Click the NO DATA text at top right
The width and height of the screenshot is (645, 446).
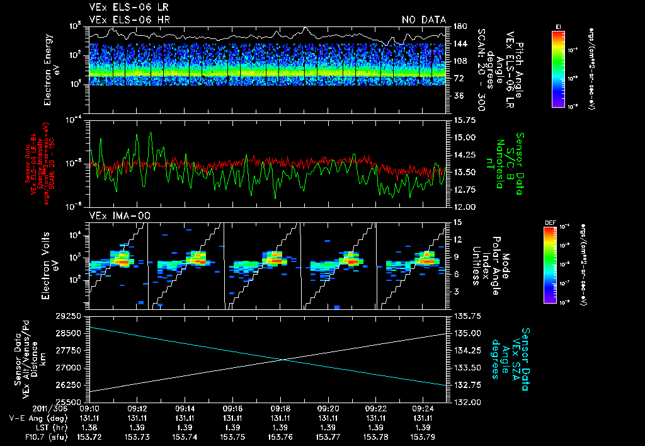click(423, 20)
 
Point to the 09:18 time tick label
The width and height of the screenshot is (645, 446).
click(280, 408)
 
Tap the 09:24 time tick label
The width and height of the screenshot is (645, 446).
click(423, 408)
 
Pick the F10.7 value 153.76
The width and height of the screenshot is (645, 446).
click(280, 436)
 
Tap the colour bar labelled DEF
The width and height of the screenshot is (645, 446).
click(549, 265)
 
